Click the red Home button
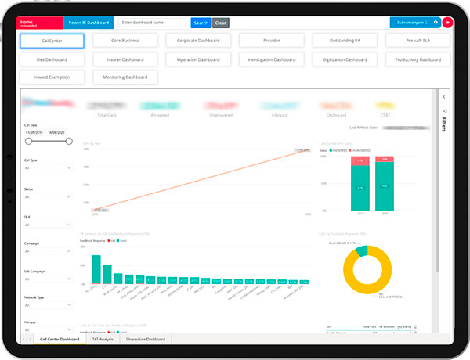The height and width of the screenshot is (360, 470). click(x=40, y=23)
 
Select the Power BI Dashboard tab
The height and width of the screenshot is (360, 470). click(x=88, y=23)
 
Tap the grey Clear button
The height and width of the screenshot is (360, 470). click(x=221, y=23)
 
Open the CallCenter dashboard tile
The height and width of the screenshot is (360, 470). click(x=52, y=40)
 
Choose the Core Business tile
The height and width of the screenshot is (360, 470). click(x=125, y=40)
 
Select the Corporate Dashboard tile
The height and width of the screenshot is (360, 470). click(x=198, y=40)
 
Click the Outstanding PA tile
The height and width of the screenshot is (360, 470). click(x=345, y=40)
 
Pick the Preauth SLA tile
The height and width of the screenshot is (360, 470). click(x=418, y=40)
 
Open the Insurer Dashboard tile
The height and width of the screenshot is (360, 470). click(x=125, y=59)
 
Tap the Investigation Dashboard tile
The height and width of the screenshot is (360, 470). click(x=272, y=59)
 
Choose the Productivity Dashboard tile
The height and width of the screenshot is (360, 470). click(x=418, y=59)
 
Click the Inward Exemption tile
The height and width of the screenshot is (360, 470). click(x=52, y=77)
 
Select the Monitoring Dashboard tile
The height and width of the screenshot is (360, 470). click(x=125, y=77)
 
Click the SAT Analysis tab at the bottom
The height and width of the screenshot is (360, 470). click(x=103, y=339)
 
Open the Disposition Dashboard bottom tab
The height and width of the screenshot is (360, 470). click(x=146, y=339)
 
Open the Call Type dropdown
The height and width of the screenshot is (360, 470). click(x=48, y=167)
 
